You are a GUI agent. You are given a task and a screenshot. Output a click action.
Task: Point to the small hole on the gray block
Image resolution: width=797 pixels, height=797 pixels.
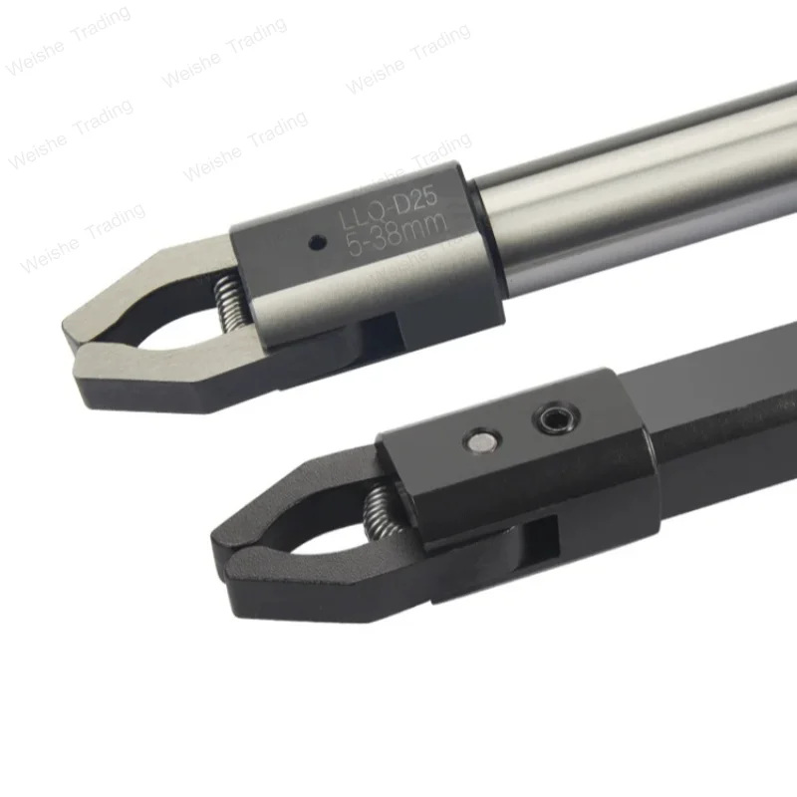coord(317,240)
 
